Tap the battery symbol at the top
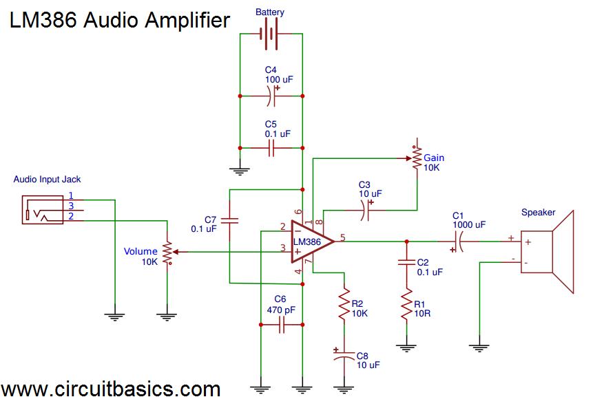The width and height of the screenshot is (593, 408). coord(271,34)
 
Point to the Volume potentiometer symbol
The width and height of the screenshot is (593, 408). coord(166,252)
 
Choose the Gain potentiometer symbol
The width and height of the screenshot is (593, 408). coord(416,158)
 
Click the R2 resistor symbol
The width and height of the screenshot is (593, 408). coord(344,305)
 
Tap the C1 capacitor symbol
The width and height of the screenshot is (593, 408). coord(457,241)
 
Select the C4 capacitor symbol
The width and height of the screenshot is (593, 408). coord(271,96)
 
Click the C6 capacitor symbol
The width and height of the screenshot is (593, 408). coord(281,326)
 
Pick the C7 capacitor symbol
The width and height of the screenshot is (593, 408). coord(229,221)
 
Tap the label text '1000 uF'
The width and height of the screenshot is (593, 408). coord(469,224)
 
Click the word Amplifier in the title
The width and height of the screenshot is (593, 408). coord(187,21)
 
